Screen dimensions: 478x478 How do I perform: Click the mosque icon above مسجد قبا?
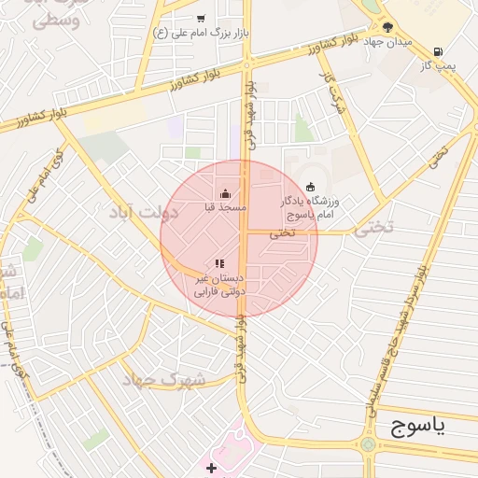(224, 194)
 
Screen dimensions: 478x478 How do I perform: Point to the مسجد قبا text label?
(224, 206)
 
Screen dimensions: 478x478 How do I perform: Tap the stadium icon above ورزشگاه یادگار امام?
(310, 186)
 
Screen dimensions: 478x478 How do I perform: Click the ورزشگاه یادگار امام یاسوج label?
(310, 207)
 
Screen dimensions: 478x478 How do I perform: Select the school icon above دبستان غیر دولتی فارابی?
(219, 264)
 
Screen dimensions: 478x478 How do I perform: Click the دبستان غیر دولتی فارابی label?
(218, 285)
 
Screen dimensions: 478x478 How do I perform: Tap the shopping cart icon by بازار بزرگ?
(201, 19)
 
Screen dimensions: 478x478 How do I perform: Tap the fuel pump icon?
(438, 51)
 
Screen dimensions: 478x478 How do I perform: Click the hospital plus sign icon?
(212, 467)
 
